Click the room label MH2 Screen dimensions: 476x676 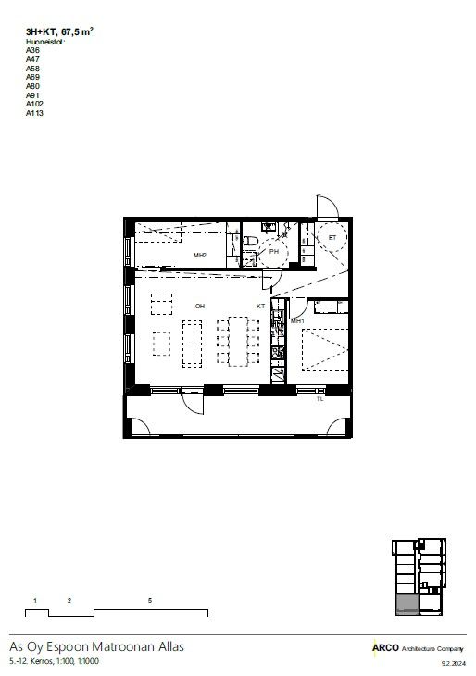200,256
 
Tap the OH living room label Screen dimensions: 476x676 200,307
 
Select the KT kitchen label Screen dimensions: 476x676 260,307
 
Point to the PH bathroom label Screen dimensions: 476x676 274,251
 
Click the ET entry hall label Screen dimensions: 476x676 332,238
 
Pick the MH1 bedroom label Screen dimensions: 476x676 297,321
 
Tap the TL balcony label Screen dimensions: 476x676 319,399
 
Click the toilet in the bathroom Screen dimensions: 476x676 251,241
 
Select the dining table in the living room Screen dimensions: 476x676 238,342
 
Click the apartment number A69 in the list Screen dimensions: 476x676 32,77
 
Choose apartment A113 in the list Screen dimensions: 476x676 34,113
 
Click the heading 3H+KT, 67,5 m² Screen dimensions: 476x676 59,31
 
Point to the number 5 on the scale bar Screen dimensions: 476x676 150,601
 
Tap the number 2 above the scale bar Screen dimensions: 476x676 69,601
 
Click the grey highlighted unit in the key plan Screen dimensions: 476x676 407,604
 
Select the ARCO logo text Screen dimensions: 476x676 385,648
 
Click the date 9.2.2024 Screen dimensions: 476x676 454,663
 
